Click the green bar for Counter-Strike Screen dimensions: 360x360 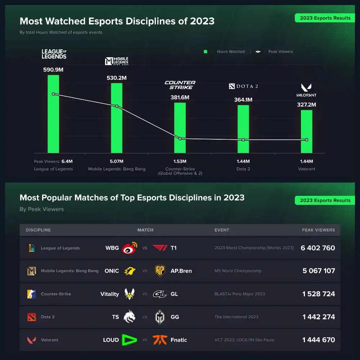pos(180,128)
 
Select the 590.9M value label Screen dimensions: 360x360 pos(53,69)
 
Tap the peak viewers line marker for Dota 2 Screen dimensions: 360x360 pos(243,140)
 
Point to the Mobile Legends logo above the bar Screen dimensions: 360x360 pos(117,61)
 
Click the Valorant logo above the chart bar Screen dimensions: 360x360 pos(306,90)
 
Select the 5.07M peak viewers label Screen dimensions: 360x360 pos(117,161)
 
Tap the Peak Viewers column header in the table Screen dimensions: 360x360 pos(318,230)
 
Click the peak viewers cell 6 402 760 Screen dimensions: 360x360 pos(318,248)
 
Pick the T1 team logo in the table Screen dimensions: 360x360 pos(160,248)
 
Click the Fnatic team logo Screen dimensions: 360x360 pos(159,340)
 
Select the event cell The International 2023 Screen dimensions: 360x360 pos(237,317)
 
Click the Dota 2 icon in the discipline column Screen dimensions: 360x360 pos(32,317)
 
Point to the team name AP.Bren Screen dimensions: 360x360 pos(181,271)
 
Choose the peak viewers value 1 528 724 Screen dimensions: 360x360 pos(319,294)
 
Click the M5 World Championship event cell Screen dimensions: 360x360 pos(238,271)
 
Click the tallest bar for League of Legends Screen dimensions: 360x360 pos(53,114)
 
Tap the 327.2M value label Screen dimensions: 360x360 pos(306,105)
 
